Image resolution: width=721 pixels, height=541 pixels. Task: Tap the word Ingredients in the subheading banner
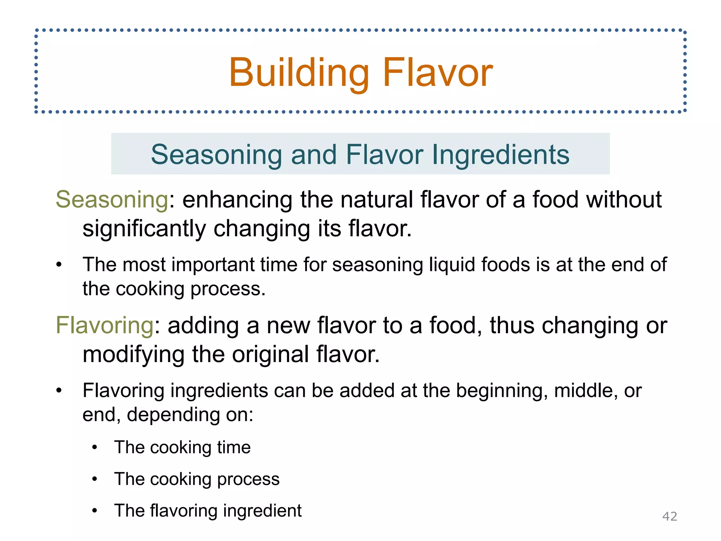pos(500,155)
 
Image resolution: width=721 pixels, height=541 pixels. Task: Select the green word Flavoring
pos(105,325)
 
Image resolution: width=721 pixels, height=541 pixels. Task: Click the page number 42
pos(670,516)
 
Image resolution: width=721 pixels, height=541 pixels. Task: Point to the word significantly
pos(144,229)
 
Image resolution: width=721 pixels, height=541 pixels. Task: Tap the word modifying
pos(133,354)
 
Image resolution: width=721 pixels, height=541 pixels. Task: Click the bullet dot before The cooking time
pos(94,448)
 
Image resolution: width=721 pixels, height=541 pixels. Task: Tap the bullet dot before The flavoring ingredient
pos(94,511)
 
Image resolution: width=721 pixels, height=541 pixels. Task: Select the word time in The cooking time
pos(233,447)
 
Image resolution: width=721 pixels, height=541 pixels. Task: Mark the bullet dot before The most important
pos(59,265)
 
